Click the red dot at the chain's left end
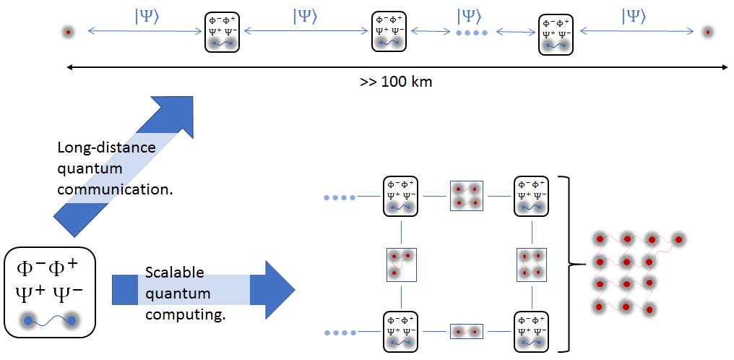point(69,33)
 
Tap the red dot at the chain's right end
point(708,33)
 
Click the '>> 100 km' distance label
point(396,82)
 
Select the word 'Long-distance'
point(106,148)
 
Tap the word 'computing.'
point(186,315)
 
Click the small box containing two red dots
point(466,331)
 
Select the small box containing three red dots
point(401,265)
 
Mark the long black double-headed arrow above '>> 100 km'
point(397,68)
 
